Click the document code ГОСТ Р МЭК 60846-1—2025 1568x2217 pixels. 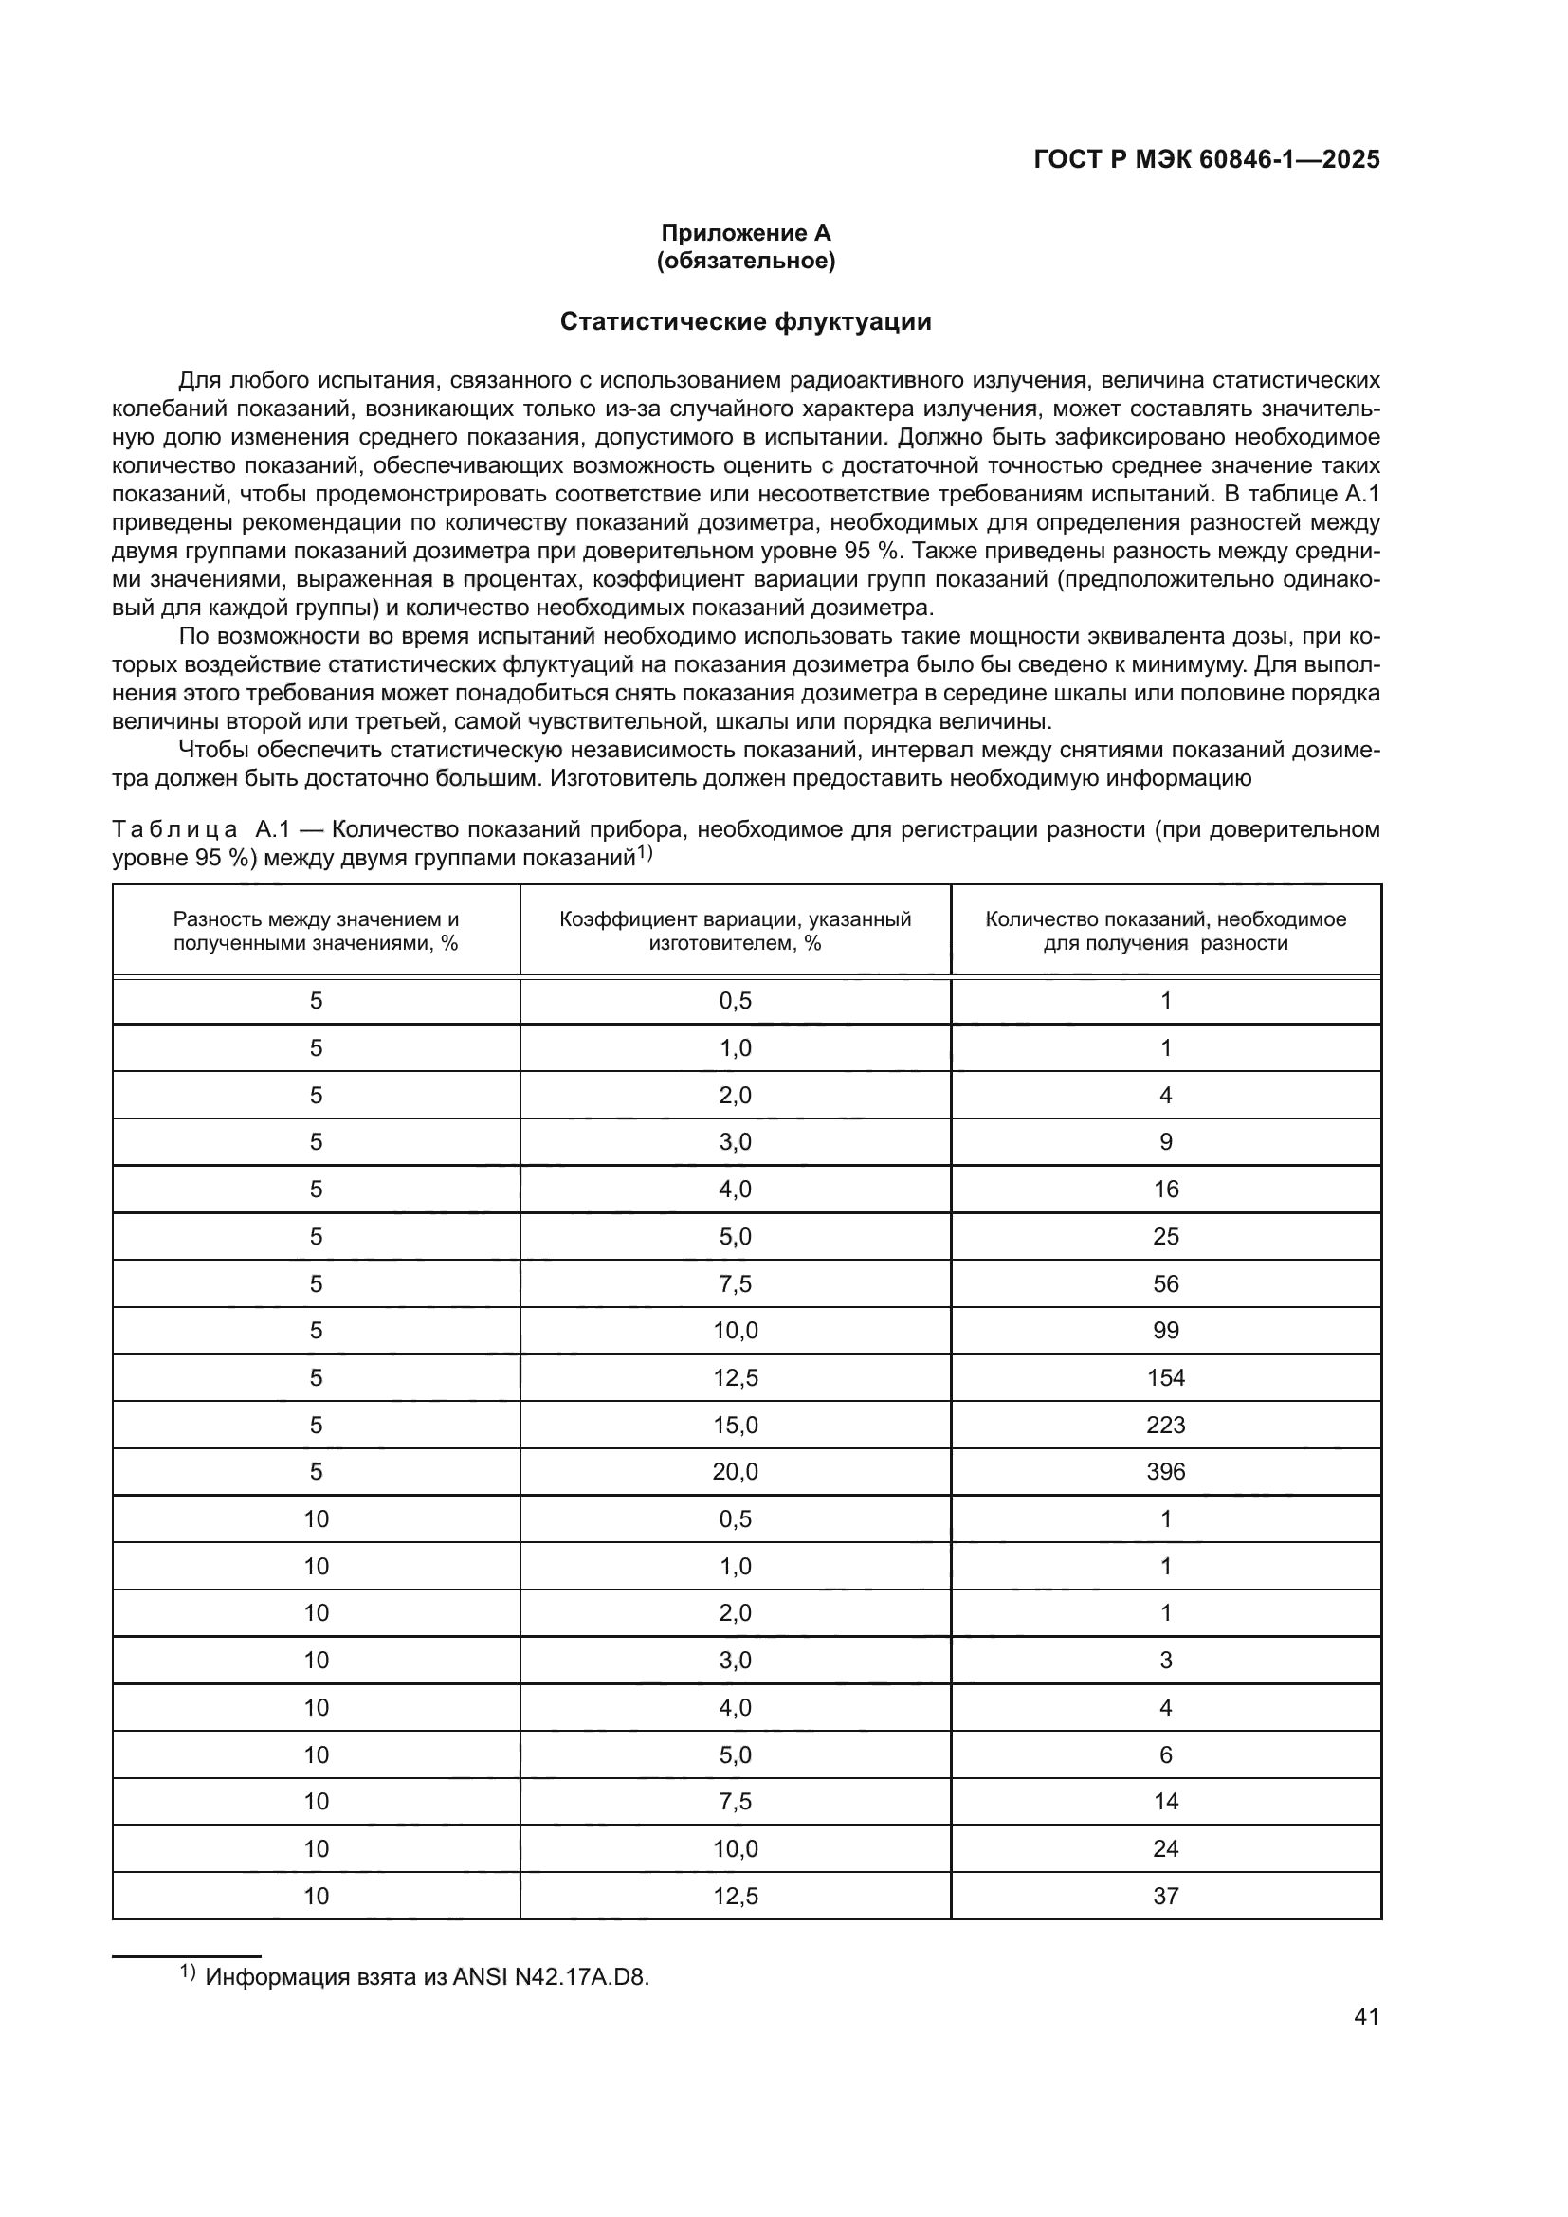(1206, 159)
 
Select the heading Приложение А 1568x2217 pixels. (745, 233)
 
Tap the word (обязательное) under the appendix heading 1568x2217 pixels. (745, 261)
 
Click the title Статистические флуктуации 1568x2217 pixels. (745, 321)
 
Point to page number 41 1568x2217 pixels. (1366, 2016)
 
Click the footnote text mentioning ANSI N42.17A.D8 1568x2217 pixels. (427, 1976)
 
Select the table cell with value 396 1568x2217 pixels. (1165, 1472)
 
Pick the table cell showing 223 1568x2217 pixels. (1165, 1425)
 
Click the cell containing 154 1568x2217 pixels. (1165, 1377)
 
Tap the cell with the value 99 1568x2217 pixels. (1165, 1331)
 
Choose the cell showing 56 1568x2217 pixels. (1165, 1283)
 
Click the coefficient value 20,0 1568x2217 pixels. (735, 1472)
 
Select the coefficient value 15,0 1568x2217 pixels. (735, 1425)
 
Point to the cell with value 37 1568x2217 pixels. (1165, 1896)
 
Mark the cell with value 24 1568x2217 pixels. (1165, 1848)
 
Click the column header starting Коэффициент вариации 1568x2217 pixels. (735, 931)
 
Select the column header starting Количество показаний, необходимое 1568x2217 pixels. (1165, 931)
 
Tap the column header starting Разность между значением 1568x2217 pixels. (316, 931)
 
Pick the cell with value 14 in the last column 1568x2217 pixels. (1165, 1801)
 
